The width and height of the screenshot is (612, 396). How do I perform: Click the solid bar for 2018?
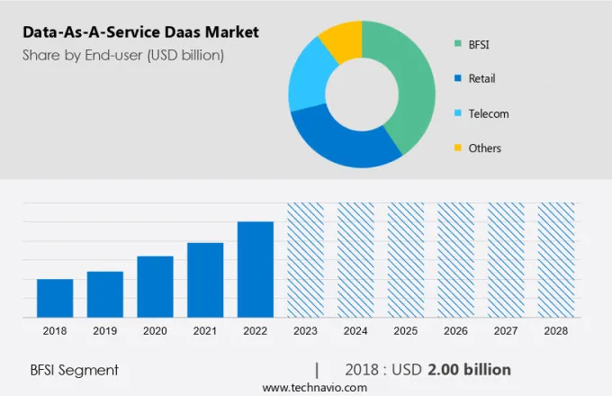pos(55,298)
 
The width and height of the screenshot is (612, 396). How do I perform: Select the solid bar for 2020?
pos(155,286)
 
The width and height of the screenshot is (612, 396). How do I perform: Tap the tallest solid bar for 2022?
pos(255,269)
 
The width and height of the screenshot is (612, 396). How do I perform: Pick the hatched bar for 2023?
pos(305,260)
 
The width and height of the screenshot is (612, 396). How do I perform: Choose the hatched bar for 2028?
pos(555,260)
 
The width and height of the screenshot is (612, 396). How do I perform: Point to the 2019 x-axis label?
pos(104,331)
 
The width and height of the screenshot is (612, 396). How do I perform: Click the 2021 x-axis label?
pos(205,331)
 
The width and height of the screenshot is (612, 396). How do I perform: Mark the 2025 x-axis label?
pos(405,331)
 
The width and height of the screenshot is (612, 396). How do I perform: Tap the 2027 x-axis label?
pos(505,331)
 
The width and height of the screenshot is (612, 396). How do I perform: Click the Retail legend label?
pos(481,78)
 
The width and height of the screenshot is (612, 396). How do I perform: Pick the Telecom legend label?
pos(488,113)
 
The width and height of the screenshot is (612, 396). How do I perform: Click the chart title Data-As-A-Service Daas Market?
pos(140,32)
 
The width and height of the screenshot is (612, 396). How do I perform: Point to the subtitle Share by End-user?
pos(123,55)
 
